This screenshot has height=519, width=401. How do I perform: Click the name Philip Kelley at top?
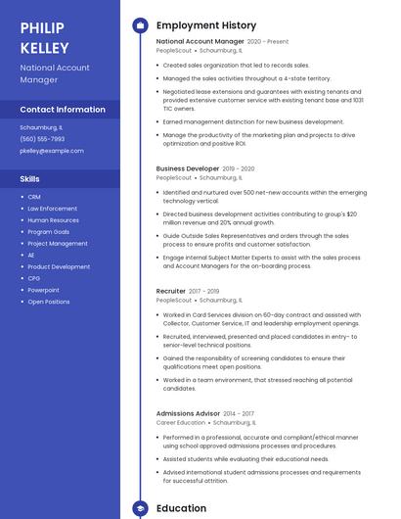pyautogui.click(x=44, y=37)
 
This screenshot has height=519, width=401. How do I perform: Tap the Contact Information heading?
pyautogui.click(x=63, y=110)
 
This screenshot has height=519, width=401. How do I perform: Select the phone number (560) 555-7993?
pyautogui.click(x=42, y=139)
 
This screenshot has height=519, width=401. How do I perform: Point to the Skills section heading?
pyautogui.click(x=30, y=179)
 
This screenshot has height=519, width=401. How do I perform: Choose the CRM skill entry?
pyautogui.click(x=34, y=197)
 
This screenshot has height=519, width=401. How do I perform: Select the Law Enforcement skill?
pyautogui.click(x=52, y=209)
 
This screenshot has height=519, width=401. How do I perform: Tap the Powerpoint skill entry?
pyautogui.click(x=43, y=290)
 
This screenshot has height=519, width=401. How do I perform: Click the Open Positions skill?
pyautogui.click(x=49, y=302)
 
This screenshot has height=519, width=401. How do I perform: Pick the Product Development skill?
pyautogui.click(x=59, y=266)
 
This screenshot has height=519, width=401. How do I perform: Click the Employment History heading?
pyautogui.click(x=206, y=25)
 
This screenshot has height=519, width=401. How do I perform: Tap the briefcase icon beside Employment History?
pyautogui.click(x=140, y=25)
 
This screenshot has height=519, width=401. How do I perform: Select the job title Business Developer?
pyautogui.click(x=188, y=168)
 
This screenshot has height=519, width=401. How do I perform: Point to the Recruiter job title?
pyautogui.click(x=171, y=291)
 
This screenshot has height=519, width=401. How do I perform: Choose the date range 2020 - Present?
pyautogui.click(x=268, y=42)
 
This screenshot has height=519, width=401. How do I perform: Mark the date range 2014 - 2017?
pyautogui.click(x=239, y=413)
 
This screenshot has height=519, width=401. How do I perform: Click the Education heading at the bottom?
pyautogui.click(x=181, y=508)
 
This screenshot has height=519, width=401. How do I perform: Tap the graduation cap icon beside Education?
pyautogui.click(x=140, y=508)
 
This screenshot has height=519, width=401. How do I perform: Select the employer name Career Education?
pyautogui.click(x=180, y=423)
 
